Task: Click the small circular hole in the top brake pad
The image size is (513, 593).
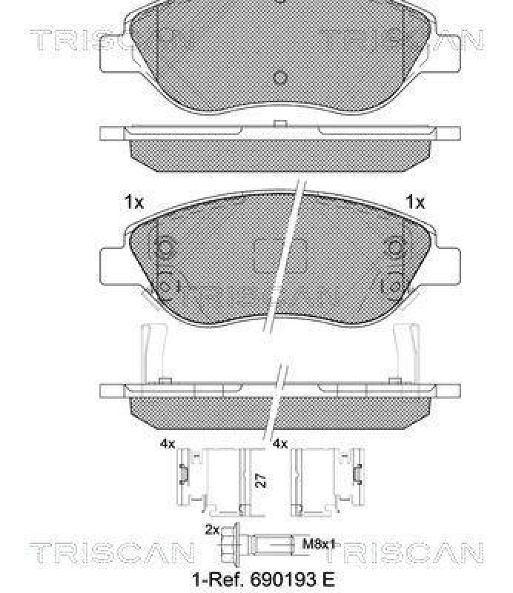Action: click(x=279, y=77)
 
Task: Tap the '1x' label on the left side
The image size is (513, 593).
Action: click(x=133, y=202)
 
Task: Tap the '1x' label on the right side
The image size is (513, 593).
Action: click(x=414, y=202)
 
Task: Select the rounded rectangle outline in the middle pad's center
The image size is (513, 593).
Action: click(x=280, y=256)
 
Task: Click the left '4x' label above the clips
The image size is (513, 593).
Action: click(x=167, y=444)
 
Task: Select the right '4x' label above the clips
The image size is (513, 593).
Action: click(x=279, y=444)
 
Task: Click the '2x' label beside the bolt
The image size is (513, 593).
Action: click(x=211, y=529)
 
